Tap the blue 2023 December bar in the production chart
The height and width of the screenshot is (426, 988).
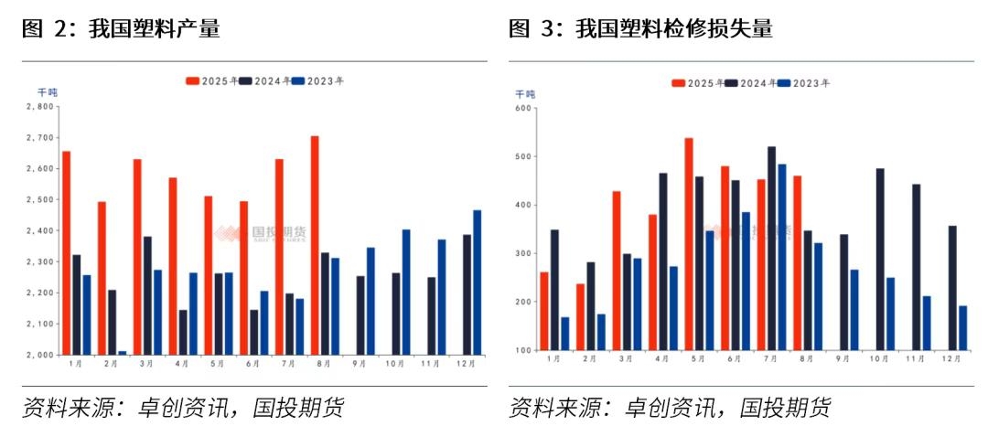(x=477, y=282)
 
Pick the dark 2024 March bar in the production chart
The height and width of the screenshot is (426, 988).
(x=147, y=296)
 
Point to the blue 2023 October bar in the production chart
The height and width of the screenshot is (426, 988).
(x=406, y=293)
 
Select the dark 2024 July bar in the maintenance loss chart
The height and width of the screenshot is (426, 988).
(x=771, y=249)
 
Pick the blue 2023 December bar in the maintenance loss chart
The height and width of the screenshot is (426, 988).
(x=962, y=328)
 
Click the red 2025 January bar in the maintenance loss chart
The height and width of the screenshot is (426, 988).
(x=544, y=311)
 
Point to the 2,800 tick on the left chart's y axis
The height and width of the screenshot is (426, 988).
(x=40, y=107)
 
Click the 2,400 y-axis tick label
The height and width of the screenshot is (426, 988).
(x=40, y=231)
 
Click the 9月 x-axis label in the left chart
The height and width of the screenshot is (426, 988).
(x=360, y=364)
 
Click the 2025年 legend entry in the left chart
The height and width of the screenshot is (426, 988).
(x=212, y=80)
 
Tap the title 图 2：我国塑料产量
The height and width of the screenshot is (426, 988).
(x=121, y=29)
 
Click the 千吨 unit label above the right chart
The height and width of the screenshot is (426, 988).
(x=525, y=94)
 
